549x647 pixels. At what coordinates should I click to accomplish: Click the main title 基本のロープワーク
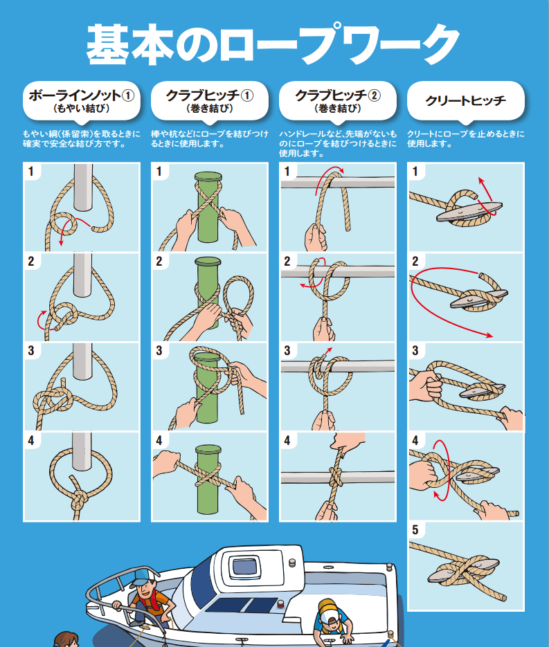(x=273, y=44)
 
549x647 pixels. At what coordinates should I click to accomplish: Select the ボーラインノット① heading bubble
(x=82, y=101)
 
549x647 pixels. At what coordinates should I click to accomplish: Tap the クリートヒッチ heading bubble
(x=466, y=101)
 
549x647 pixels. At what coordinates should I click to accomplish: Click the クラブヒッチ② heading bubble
(x=338, y=101)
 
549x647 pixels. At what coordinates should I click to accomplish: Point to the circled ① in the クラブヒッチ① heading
(x=247, y=95)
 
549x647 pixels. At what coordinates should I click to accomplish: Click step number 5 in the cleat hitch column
(x=415, y=530)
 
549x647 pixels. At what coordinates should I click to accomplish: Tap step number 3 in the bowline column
(x=31, y=351)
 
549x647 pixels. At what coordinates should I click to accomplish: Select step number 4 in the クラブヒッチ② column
(x=287, y=441)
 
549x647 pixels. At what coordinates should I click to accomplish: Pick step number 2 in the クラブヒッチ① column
(x=159, y=261)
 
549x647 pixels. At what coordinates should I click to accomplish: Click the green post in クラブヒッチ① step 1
(x=208, y=206)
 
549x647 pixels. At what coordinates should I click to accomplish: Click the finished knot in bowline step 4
(x=78, y=501)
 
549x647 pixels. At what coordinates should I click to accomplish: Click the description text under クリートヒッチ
(x=466, y=138)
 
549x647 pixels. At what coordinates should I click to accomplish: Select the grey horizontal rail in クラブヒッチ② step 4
(x=338, y=477)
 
